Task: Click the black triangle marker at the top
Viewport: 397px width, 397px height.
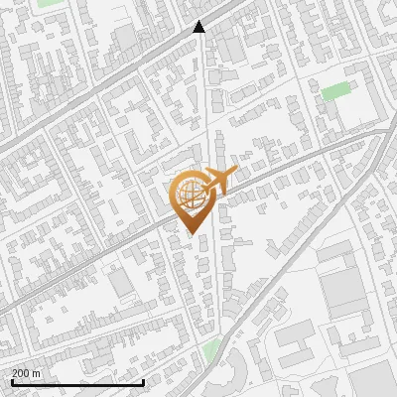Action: click(x=198, y=27)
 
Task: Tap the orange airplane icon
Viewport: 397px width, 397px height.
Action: click(x=218, y=182)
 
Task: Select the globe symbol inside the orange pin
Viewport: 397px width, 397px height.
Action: click(x=189, y=195)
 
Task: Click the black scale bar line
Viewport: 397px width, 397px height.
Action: click(x=77, y=382)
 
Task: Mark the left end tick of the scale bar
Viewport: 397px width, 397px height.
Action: click(x=11, y=380)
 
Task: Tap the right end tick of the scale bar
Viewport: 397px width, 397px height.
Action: click(x=144, y=380)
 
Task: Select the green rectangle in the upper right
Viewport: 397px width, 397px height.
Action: click(x=335, y=91)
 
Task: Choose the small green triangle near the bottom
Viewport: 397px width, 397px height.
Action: click(x=210, y=348)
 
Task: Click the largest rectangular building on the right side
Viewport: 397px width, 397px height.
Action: click(x=342, y=289)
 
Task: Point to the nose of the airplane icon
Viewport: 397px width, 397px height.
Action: click(x=234, y=173)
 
